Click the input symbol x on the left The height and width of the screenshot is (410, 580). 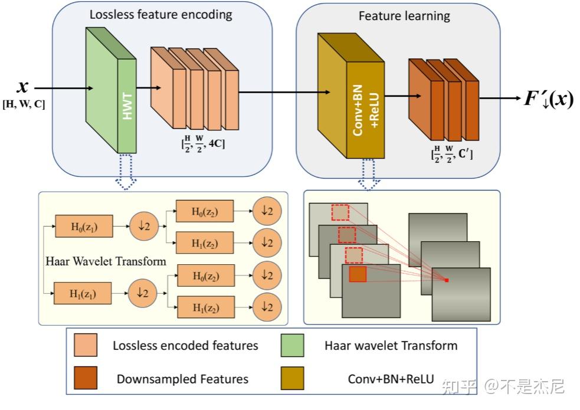pos(22,87)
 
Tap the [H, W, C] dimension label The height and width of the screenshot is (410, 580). pos(24,106)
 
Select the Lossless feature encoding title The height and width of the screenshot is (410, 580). pos(160,15)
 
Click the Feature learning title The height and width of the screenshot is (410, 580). pos(404,16)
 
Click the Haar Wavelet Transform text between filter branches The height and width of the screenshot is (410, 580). pos(106,261)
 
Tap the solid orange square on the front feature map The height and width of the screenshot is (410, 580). pos(358,274)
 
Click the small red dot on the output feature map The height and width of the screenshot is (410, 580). pos(447,280)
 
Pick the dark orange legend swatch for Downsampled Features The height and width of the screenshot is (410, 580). pos(86,378)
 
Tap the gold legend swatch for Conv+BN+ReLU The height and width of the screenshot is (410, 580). pos(292,378)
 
